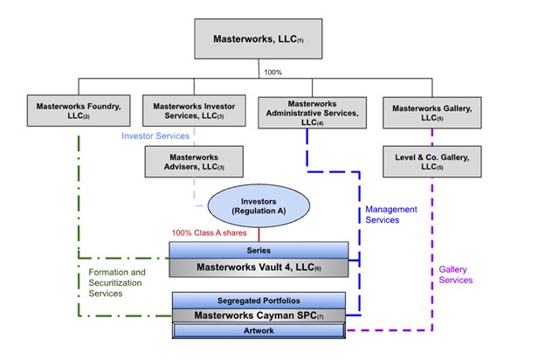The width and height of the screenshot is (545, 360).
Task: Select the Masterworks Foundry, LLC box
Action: click(78, 111)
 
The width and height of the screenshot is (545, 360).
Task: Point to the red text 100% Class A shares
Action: click(210, 232)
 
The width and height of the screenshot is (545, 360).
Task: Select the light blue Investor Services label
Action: click(154, 136)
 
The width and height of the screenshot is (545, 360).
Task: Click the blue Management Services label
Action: click(390, 215)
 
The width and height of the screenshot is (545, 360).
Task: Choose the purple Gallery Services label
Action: click(454, 273)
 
